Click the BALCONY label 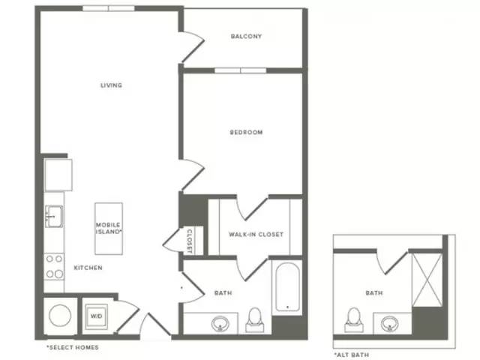tap(246, 37)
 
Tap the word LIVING tap(112, 85)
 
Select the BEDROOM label tap(246, 132)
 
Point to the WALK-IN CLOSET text tap(256, 235)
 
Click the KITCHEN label tap(88, 268)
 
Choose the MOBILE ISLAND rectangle tap(109, 228)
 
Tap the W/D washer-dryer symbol tap(96, 316)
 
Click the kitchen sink tap(54, 217)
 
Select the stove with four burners tap(54, 266)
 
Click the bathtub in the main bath tap(287, 287)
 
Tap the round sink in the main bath tap(220, 323)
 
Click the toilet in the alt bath tap(354, 320)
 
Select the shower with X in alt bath tap(427, 280)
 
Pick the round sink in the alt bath tap(390, 324)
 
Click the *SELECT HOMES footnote tap(73, 347)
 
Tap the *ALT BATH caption tap(352, 355)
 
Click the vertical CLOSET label tap(190, 241)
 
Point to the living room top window tap(109, 8)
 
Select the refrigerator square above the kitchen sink tap(58, 175)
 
